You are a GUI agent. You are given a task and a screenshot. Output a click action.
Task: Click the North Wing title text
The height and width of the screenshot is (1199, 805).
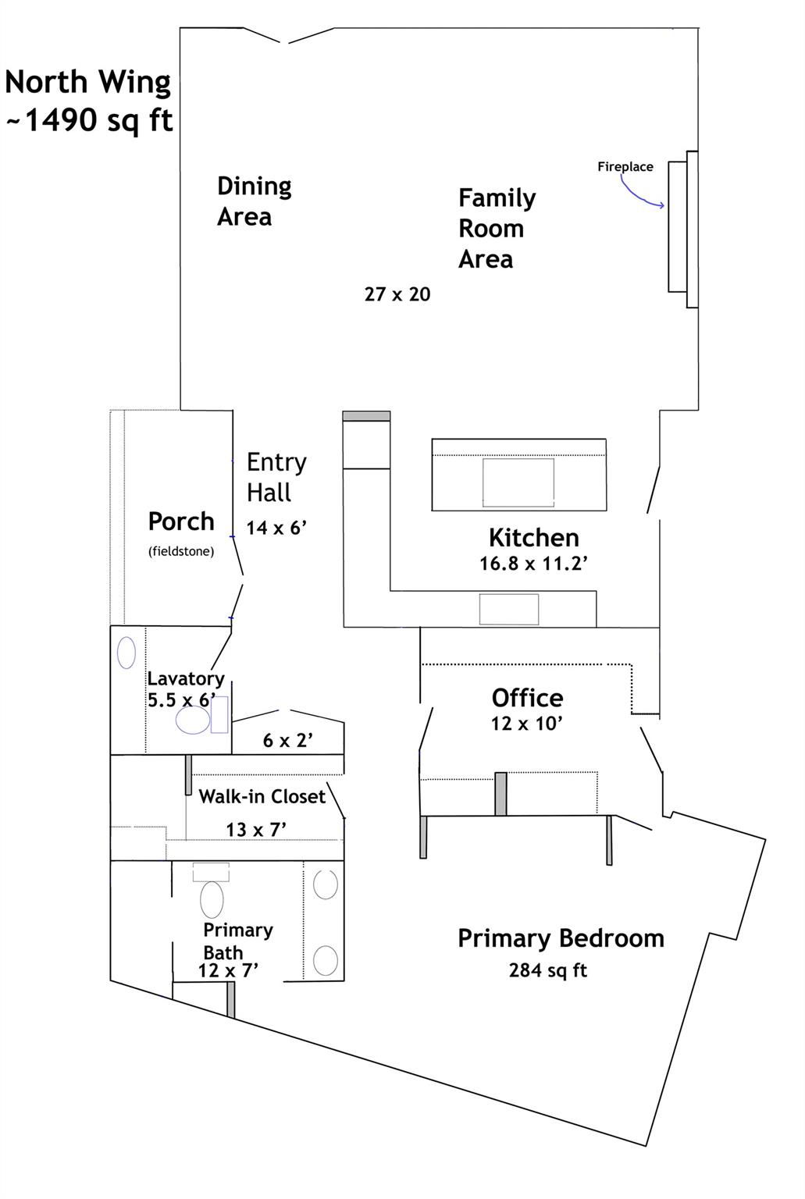tap(87, 82)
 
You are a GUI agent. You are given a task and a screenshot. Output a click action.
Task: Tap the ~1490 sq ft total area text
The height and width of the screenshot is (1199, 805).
tap(89, 121)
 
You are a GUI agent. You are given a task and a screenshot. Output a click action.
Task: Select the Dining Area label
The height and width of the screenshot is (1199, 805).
tap(254, 201)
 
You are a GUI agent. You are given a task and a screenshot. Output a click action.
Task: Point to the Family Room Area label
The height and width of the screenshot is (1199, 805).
tap(497, 228)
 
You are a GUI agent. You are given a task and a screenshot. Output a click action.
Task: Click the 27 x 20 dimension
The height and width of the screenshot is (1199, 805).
tap(397, 294)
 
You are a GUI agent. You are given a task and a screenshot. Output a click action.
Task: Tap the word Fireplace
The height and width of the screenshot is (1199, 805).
tap(625, 166)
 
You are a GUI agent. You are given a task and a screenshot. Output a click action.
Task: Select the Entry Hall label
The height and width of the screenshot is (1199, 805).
tap(276, 477)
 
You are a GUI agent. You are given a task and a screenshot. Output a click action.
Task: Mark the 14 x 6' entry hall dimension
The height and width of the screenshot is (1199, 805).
tap(276, 528)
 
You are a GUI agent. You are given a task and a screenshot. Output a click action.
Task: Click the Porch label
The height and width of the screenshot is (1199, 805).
tap(181, 521)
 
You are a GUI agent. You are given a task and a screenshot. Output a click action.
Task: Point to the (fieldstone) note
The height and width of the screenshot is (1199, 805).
tap(181, 551)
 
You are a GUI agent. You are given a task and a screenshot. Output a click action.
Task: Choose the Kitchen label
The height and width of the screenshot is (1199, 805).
tap(533, 537)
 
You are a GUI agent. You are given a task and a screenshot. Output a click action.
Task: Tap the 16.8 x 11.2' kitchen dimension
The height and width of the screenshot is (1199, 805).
tap(533, 564)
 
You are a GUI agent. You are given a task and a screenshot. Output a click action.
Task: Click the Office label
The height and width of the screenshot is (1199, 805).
tap(527, 697)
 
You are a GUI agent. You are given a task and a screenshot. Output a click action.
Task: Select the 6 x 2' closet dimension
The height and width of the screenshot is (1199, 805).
tap(287, 740)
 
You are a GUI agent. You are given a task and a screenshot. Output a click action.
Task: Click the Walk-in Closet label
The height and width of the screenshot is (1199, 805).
tap(262, 797)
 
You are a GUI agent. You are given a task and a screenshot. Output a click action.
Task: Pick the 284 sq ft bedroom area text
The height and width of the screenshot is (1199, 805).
tap(547, 970)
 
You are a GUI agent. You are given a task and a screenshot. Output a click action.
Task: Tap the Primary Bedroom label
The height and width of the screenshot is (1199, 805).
tap(561, 938)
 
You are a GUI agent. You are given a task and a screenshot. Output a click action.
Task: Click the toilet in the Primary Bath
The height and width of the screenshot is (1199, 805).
tap(212, 899)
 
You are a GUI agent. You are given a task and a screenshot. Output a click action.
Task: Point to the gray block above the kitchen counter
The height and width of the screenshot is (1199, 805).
tap(366, 416)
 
